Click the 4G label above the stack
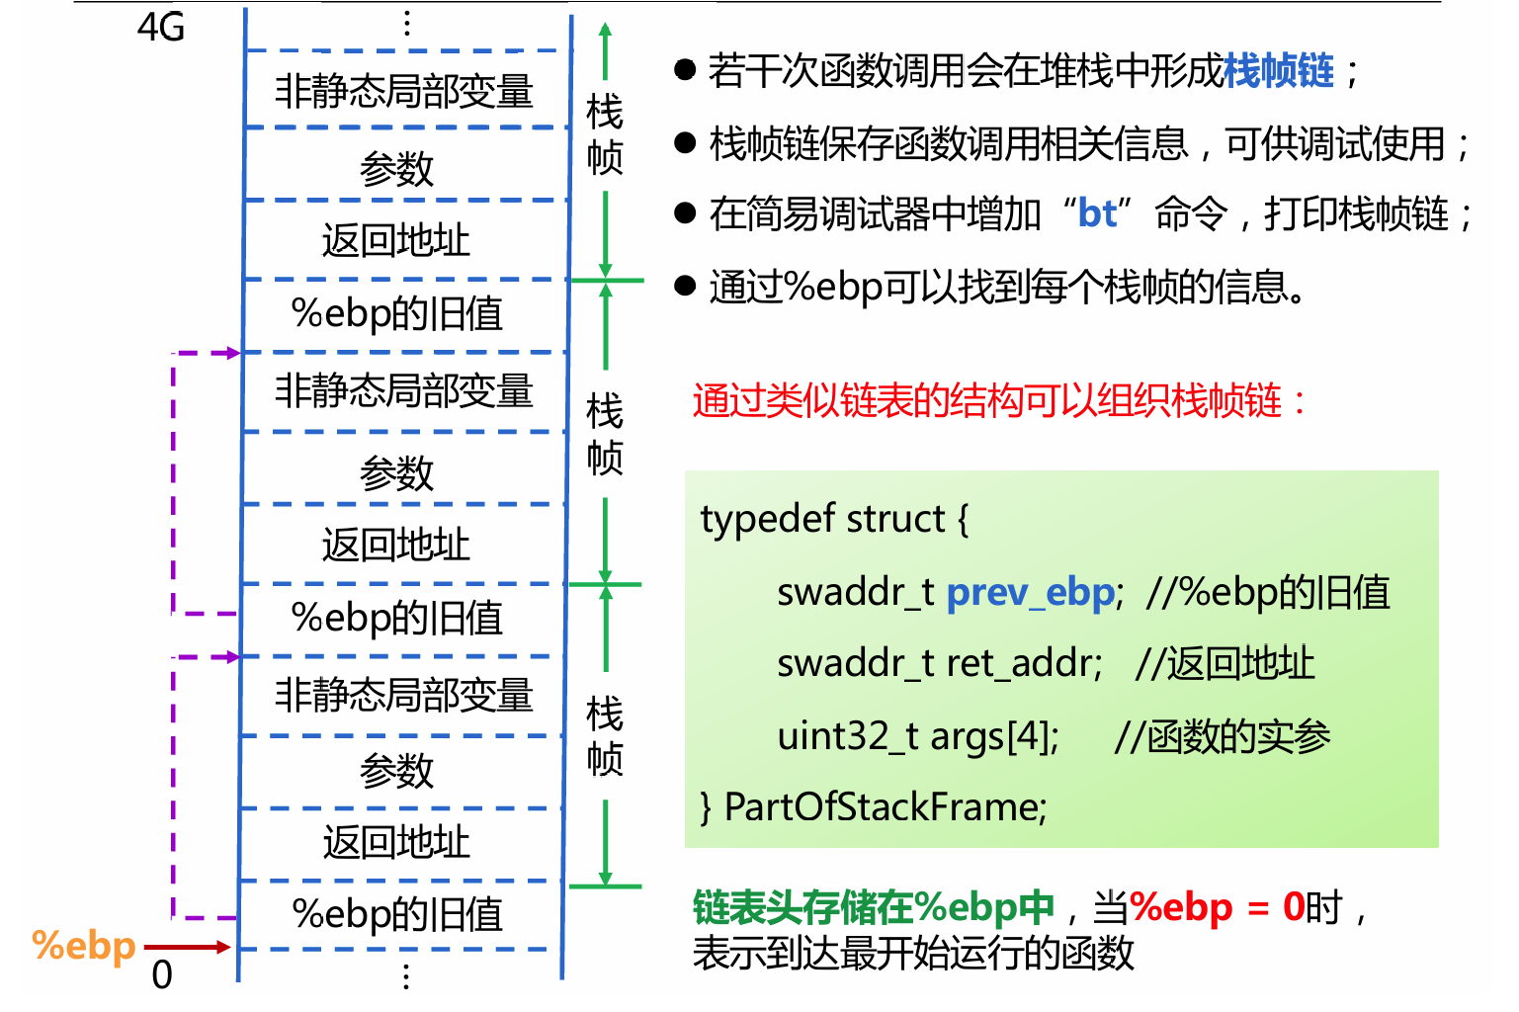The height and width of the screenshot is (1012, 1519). [161, 28]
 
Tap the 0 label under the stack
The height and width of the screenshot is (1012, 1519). [162, 975]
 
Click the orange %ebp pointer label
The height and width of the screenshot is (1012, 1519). [84, 946]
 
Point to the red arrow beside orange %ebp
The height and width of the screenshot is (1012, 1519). [188, 947]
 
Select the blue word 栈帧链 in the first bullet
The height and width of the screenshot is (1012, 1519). [1279, 71]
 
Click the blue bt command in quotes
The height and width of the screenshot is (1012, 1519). [1097, 213]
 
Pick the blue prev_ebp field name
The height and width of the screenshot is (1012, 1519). [1031, 592]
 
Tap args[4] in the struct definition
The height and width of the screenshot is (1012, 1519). [993, 736]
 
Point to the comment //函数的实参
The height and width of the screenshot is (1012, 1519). [1222, 736]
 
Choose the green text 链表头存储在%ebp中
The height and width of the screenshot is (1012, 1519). [874, 906]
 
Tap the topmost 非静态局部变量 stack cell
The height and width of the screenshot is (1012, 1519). [403, 91]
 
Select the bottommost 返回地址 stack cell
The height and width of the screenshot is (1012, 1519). [396, 843]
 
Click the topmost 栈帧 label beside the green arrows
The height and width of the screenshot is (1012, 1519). [604, 133]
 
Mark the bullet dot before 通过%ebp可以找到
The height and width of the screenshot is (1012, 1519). [685, 286]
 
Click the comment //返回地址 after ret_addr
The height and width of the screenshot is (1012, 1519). [1225, 663]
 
